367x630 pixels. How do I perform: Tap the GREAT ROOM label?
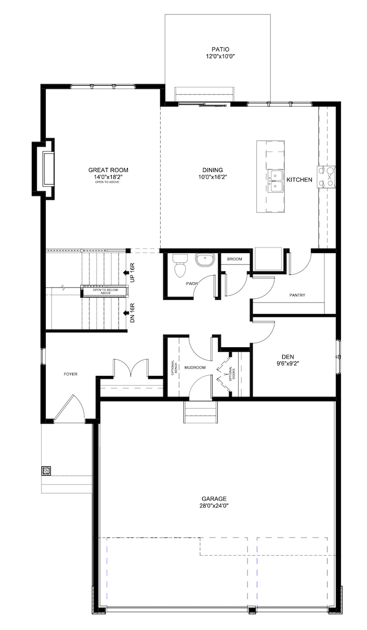[x=108, y=170]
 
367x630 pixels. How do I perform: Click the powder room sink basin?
[x=205, y=259]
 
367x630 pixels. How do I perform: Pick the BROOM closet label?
[x=234, y=259]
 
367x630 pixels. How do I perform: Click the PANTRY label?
[x=297, y=296]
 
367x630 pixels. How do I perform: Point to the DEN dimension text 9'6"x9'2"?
[x=287, y=364]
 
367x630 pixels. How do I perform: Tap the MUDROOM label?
[x=195, y=367]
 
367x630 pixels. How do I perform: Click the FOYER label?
[x=71, y=374]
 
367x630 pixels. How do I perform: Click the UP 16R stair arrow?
[x=125, y=271]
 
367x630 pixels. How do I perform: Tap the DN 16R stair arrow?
[x=125, y=313]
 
